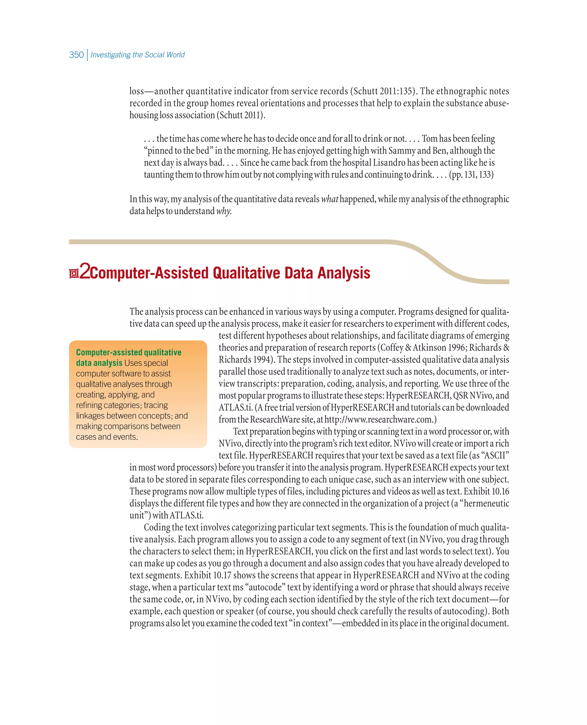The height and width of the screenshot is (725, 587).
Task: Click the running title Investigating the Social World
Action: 137,55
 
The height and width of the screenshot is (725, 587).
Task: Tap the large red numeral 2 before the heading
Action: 85,272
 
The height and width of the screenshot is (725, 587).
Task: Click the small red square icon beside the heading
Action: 74,273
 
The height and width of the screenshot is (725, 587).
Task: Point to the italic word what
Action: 329,199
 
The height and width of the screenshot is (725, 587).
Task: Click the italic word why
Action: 224,211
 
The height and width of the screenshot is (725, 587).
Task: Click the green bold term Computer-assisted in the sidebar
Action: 109,352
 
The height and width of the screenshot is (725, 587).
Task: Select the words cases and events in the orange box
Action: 107,437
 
